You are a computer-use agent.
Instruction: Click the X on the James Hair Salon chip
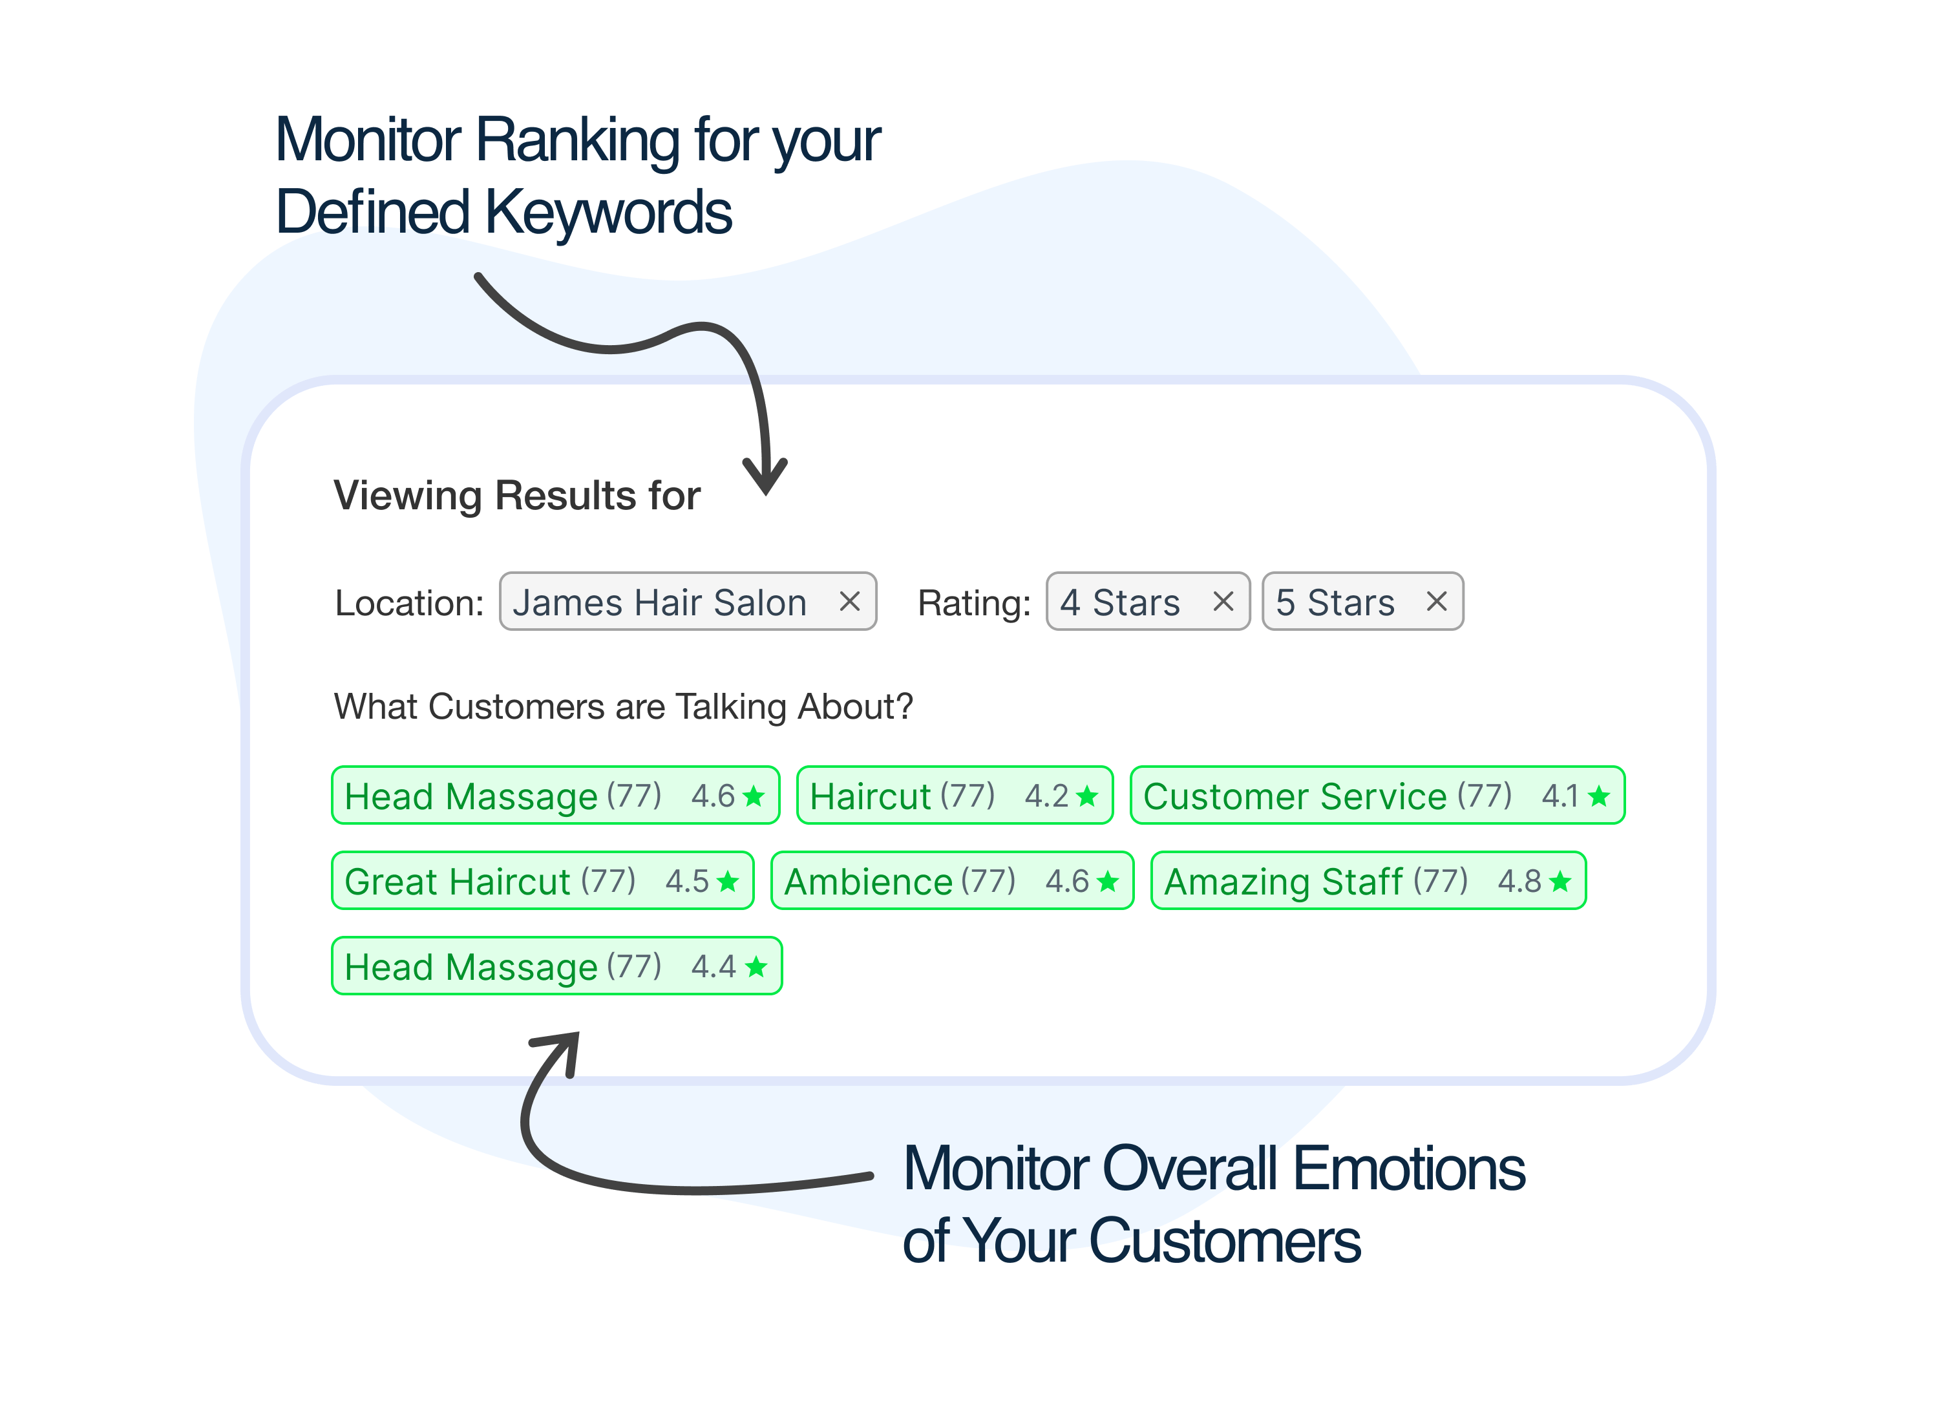849,601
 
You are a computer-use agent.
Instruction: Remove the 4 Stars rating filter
1223,601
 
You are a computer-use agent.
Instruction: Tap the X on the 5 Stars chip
1436,601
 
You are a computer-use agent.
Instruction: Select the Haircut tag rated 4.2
955,796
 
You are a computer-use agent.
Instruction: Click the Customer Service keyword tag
1377,796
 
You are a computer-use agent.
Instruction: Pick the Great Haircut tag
543,881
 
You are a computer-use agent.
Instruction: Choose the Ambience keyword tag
952,881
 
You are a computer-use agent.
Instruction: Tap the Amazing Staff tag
1368,881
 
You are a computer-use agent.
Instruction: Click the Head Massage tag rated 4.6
556,796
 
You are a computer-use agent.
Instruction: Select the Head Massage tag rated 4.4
556,966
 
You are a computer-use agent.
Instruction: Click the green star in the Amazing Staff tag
1560,881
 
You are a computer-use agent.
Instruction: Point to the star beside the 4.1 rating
1598,796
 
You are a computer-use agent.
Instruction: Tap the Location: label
409,603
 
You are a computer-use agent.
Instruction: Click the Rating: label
974,603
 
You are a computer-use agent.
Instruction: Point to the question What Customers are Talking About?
623,706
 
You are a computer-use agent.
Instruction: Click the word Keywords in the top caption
608,212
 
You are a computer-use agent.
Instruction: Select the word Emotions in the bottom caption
1408,1169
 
